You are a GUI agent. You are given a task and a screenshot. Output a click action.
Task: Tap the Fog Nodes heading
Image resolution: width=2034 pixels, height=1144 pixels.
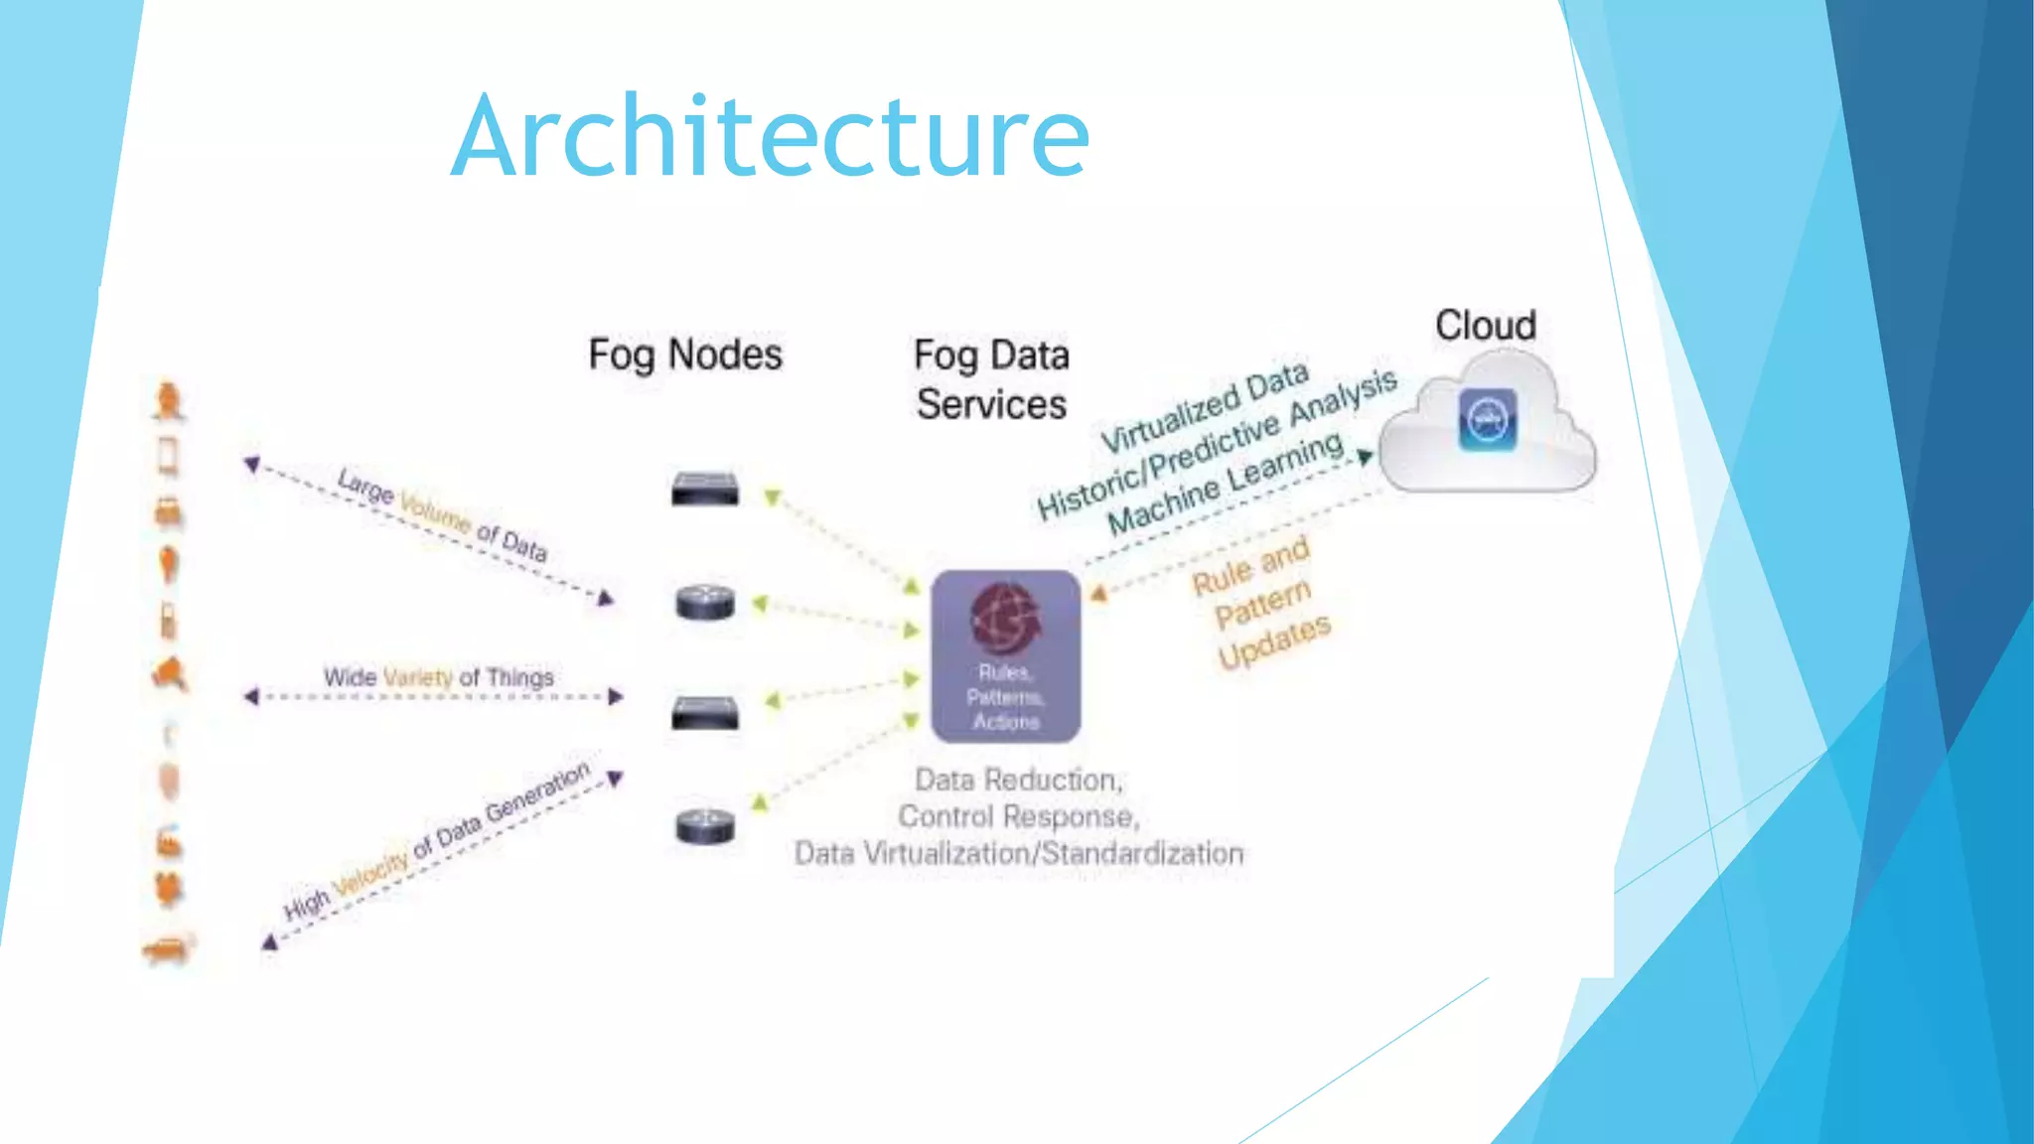[x=685, y=355]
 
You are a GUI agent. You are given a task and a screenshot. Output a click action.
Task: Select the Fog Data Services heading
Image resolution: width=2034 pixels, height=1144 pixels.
[x=991, y=379]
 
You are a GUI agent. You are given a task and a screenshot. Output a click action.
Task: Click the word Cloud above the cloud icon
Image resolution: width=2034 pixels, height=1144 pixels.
[x=1485, y=326]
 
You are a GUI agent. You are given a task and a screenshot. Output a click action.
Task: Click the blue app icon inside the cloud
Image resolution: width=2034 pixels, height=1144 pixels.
[x=1487, y=419]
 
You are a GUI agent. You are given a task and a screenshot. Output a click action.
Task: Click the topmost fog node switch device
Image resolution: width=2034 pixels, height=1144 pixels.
[x=704, y=489]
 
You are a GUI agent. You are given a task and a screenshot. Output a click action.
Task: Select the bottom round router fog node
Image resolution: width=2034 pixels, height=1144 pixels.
[x=705, y=826]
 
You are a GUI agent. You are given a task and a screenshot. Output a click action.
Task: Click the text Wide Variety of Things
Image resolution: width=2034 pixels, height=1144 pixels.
[x=438, y=677]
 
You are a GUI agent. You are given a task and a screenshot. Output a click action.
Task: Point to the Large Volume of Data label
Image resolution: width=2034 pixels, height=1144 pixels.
[x=442, y=514]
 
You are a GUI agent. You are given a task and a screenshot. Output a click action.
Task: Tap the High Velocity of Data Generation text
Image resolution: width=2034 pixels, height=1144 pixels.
[x=437, y=842]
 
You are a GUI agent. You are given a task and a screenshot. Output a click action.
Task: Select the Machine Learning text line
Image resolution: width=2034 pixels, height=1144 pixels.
[x=1224, y=483]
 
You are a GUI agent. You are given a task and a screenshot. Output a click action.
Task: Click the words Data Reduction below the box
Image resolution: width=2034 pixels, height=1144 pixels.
[x=1017, y=780]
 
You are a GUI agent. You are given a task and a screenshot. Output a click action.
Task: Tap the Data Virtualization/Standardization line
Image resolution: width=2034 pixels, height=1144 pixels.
[x=1018, y=853]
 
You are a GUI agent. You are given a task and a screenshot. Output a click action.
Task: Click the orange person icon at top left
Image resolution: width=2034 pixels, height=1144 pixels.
[x=169, y=401]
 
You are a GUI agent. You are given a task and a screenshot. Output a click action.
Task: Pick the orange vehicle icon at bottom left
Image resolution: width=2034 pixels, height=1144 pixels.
[x=169, y=949]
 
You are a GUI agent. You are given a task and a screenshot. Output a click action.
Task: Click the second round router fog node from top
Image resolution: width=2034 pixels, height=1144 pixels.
[x=705, y=602]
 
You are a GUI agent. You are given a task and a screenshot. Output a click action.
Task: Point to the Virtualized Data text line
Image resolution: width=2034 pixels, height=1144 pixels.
[x=1204, y=408]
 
